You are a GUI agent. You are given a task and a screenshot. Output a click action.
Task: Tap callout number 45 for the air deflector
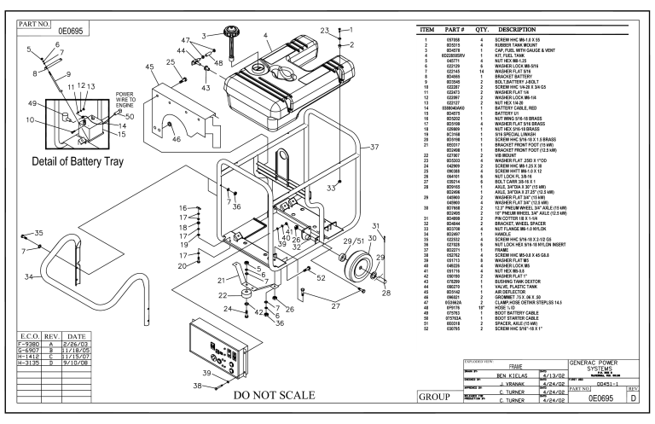point(150,66)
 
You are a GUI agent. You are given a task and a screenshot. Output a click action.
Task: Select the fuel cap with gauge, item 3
point(228,38)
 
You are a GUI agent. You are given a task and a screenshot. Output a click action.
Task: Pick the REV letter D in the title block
point(644,398)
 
